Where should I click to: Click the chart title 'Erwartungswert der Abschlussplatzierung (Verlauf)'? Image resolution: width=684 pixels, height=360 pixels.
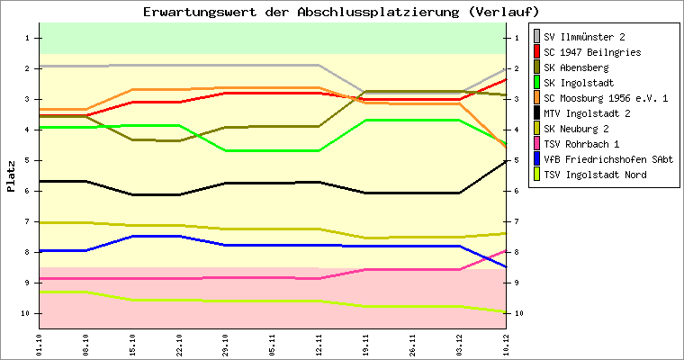pyautogui.click(x=341, y=12)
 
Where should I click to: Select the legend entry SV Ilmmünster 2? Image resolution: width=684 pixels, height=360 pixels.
pyautogui.click(x=584, y=37)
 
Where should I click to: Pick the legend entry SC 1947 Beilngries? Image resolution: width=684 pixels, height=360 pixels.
pyautogui.click(x=592, y=52)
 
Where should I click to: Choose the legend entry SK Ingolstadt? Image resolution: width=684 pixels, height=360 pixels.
pyautogui.click(x=579, y=83)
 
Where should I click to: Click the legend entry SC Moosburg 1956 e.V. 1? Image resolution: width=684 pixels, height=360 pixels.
pyautogui.click(x=606, y=98)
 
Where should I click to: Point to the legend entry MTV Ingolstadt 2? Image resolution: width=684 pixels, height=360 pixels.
pyautogui.click(x=587, y=113)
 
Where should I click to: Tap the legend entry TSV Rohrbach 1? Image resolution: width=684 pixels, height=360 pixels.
pyautogui.click(x=581, y=144)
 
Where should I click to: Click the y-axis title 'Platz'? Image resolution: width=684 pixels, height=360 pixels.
pyautogui.click(x=11, y=176)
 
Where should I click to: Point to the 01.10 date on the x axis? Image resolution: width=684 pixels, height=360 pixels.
pyautogui.click(x=39, y=345)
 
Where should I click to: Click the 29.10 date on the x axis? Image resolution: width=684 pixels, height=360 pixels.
pyautogui.click(x=226, y=345)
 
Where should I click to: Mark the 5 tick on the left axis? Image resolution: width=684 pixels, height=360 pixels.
pyautogui.click(x=28, y=160)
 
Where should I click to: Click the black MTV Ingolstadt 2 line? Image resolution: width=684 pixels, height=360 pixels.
pyautogui.click(x=270, y=183)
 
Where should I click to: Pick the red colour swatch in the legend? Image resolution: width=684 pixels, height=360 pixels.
pyautogui.click(x=537, y=52)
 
